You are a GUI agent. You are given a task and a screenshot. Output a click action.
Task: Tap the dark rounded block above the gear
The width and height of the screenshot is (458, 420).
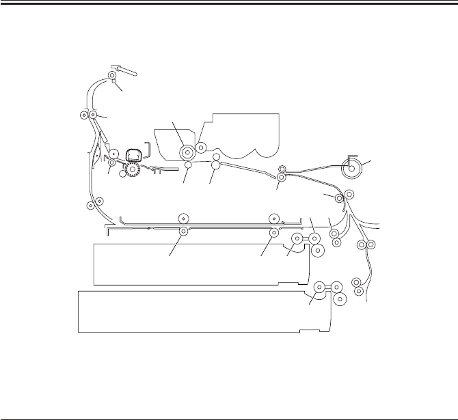135,155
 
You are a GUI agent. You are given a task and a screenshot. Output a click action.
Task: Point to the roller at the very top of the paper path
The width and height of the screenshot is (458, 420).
112,75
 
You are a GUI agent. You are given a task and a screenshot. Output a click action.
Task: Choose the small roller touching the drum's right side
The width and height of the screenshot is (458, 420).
201,147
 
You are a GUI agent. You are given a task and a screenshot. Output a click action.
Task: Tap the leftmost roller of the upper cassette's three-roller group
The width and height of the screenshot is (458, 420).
297,239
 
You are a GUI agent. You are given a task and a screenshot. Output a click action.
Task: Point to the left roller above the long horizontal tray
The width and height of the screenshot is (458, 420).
183,218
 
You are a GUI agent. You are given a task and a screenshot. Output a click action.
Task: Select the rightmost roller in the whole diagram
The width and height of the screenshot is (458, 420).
371,244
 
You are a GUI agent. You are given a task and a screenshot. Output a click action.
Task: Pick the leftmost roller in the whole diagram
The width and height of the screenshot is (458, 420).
83,116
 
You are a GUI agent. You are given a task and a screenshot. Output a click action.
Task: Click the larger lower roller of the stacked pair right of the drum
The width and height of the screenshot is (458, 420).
215,165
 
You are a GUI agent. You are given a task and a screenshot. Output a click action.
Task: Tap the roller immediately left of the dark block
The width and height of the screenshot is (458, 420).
113,154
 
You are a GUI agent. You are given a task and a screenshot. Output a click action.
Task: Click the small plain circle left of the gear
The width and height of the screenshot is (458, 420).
123,173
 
